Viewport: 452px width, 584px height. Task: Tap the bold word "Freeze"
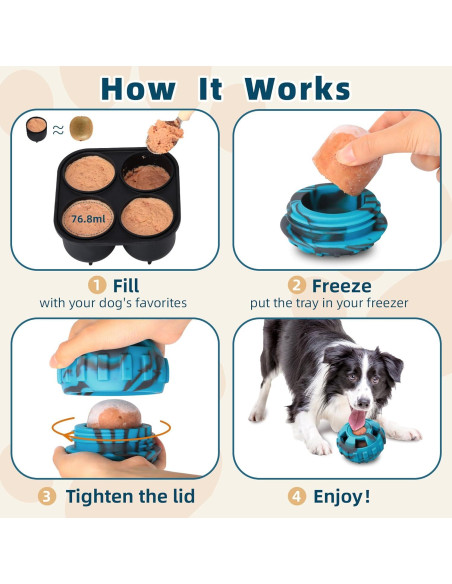click(x=342, y=285)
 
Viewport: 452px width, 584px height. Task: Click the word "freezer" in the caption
click(x=385, y=303)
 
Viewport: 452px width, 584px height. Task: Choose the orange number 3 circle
click(x=47, y=495)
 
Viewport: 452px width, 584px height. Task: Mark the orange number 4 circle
click(x=298, y=495)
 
